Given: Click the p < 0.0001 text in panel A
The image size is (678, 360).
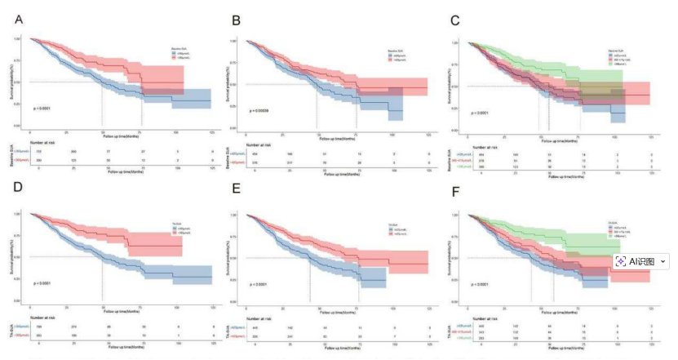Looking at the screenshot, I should coord(42,108).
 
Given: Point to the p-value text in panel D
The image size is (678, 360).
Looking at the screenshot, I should coord(42,283).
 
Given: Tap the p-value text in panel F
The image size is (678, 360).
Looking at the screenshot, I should coord(478,284).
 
